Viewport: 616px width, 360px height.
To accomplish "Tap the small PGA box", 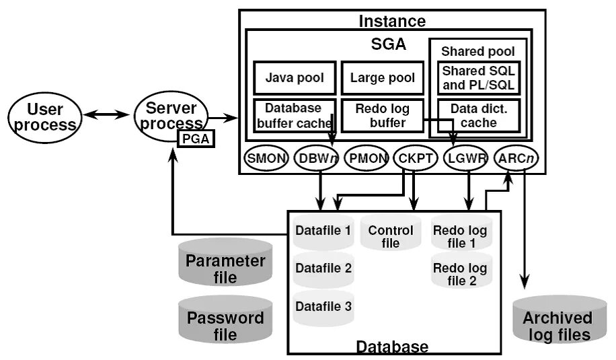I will tap(195, 139).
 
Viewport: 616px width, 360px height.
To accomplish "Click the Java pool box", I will tap(294, 78).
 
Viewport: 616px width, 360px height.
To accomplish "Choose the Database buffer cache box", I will tap(294, 115).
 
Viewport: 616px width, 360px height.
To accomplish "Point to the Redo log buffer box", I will tap(381, 115).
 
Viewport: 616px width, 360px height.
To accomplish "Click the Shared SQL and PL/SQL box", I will tap(478, 78).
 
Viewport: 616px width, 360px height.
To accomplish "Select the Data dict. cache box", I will tap(478, 115).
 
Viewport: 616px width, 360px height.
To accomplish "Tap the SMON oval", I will tap(266, 159).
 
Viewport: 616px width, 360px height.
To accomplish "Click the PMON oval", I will tap(367, 159).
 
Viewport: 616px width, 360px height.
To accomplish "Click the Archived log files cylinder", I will tap(557, 319).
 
